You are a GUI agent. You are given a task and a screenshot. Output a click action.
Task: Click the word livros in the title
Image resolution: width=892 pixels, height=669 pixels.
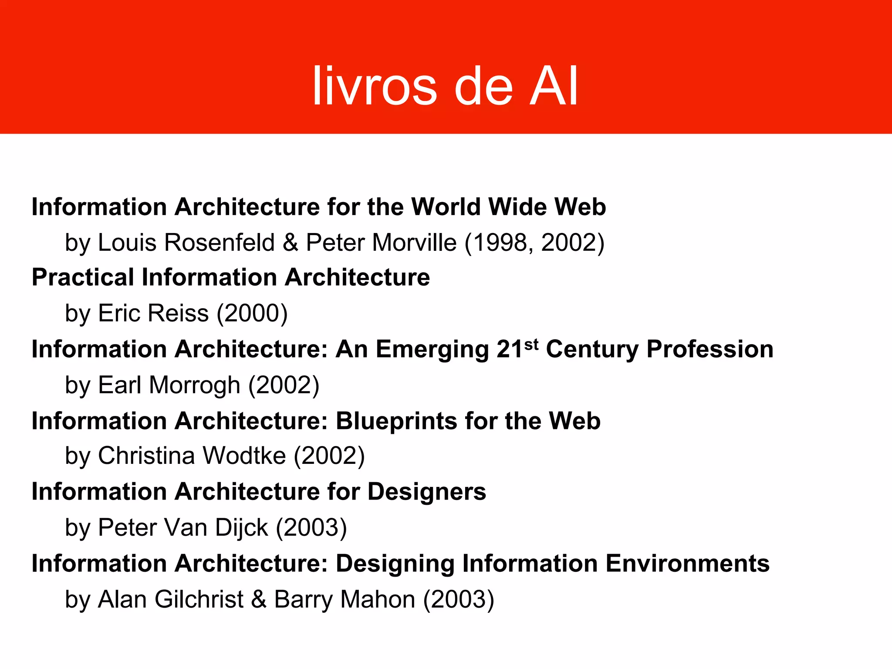[375, 86]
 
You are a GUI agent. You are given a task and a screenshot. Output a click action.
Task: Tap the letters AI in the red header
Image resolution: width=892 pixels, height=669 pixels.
[554, 86]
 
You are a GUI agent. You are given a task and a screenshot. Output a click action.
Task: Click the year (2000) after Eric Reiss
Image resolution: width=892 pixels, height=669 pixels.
[252, 313]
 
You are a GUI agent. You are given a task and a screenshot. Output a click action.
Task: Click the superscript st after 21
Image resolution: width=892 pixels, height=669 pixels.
[531, 345]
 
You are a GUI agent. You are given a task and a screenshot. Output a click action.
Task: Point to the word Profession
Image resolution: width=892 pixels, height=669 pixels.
[710, 349]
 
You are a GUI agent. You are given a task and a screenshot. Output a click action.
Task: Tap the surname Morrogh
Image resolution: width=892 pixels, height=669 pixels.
[194, 385]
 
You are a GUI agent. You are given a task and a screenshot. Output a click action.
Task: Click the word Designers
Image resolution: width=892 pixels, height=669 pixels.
[427, 492]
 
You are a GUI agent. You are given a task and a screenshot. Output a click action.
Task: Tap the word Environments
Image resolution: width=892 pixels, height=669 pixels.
[688, 564]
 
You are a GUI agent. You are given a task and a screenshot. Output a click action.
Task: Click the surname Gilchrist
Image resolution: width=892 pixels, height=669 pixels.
[199, 599]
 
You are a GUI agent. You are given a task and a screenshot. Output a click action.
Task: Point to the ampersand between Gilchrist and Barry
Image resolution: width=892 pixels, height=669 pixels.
[259, 599]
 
